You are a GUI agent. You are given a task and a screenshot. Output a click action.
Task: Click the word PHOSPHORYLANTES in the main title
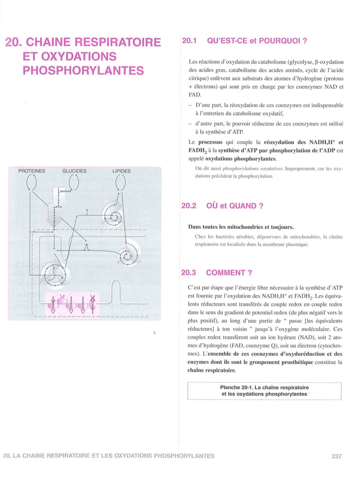pyautogui.click(x=83, y=70)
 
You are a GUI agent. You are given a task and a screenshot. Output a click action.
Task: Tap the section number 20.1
pyautogui.click(x=189, y=41)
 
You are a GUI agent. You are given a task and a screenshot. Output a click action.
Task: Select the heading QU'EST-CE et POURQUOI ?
pyautogui.click(x=257, y=41)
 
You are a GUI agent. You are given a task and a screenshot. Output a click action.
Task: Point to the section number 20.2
pyautogui.click(x=189, y=206)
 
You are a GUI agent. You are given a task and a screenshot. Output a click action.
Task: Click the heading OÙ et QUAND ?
pyautogui.click(x=235, y=206)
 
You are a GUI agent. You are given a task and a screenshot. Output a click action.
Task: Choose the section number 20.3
pyautogui.click(x=188, y=273)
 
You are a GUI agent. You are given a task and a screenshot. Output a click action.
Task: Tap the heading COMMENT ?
pyautogui.click(x=229, y=273)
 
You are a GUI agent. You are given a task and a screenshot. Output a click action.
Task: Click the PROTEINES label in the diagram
pyautogui.click(x=32, y=171)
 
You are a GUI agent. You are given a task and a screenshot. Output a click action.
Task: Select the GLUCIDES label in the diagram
pyautogui.click(x=74, y=171)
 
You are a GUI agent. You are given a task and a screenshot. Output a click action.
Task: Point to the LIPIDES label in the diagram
pyautogui.click(x=121, y=171)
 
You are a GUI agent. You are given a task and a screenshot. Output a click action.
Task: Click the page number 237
pyautogui.click(x=336, y=456)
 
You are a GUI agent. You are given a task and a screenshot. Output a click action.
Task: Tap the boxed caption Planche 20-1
pyautogui.click(x=264, y=391)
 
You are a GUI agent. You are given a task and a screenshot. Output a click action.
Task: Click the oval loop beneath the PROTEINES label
pyautogui.click(x=32, y=183)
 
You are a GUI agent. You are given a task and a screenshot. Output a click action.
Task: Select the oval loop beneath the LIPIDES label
pyautogui.click(x=120, y=183)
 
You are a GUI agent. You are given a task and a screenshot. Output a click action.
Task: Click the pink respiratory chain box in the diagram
pyautogui.click(x=72, y=304)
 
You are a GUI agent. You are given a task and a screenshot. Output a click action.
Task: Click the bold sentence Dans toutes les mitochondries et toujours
pyautogui.click(x=241, y=227)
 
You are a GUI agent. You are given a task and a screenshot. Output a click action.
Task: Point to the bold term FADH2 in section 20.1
pyautogui.click(x=197, y=150)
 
